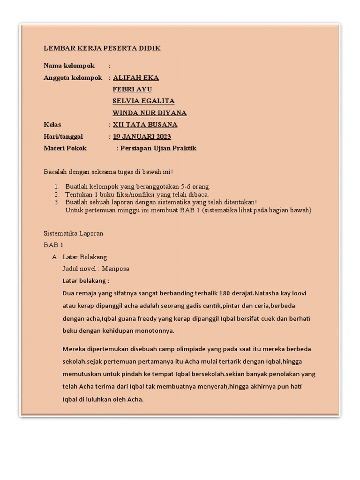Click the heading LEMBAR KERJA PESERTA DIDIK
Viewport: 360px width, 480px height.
coord(102,48)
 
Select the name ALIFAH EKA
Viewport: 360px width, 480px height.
coord(135,77)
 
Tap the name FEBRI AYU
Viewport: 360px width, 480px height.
coord(132,89)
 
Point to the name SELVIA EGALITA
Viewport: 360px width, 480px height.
coord(143,101)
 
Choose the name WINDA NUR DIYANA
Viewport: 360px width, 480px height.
coord(150,113)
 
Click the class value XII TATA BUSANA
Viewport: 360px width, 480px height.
coord(145,125)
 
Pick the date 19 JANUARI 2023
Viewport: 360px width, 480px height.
coord(142,136)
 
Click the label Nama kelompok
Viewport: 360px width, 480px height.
coord(69,66)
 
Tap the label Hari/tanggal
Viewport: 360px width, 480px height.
coord(63,136)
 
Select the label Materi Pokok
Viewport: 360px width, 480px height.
coord(65,148)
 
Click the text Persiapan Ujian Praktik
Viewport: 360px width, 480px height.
coord(158,148)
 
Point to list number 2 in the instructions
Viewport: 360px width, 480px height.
coord(56,194)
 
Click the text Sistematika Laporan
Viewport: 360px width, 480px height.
coord(73,233)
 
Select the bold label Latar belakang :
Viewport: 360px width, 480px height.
coord(85,281)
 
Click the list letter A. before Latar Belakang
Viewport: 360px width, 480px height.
coord(55,257)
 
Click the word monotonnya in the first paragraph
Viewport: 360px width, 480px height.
coord(155,330)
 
